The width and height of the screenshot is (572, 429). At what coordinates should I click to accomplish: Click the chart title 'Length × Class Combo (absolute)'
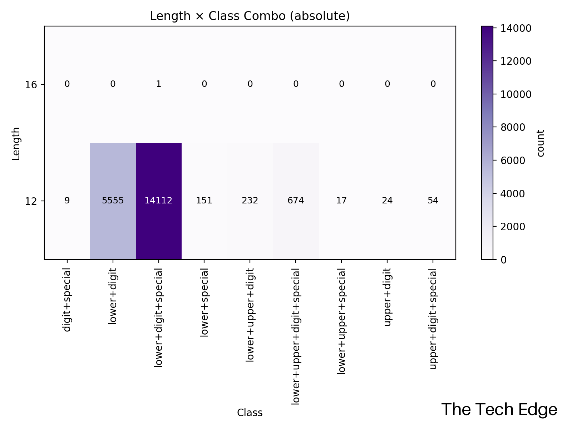pyautogui.click(x=250, y=16)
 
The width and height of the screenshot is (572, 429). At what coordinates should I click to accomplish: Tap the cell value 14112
pyautogui.click(x=158, y=201)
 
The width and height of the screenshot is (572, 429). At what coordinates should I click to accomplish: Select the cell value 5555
pyautogui.click(x=113, y=201)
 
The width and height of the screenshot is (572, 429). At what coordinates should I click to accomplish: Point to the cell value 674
pyautogui.click(x=296, y=201)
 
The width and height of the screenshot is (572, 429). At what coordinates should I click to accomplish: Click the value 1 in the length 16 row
pyautogui.click(x=158, y=84)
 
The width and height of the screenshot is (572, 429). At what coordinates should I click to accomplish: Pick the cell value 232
pyautogui.click(x=250, y=201)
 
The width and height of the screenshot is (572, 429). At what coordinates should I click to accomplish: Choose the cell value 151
pyautogui.click(x=204, y=201)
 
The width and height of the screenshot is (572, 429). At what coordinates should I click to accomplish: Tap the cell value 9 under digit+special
pyautogui.click(x=67, y=201)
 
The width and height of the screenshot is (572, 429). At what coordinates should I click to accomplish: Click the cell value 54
pyautogui.click(x=433, y=201)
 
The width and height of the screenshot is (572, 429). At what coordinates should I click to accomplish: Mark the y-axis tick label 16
pyautogui.click(x=31, y=85)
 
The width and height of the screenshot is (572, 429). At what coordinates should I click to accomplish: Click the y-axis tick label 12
pyautogui.click(x=31, y=201)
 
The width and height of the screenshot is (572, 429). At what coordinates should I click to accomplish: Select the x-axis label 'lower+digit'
pyautogui.click(x=113, y=297)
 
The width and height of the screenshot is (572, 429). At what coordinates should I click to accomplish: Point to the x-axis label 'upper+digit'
pyautogui.click(x=387, y=298)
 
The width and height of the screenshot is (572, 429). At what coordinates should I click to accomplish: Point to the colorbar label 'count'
pyautogui.click(x=541, y=143)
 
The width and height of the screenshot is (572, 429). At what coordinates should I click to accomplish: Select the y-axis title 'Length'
pyautogui.click(x=16, y=143)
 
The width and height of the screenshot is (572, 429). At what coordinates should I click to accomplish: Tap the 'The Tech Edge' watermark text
pyautogui.click(x=499, y=410)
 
